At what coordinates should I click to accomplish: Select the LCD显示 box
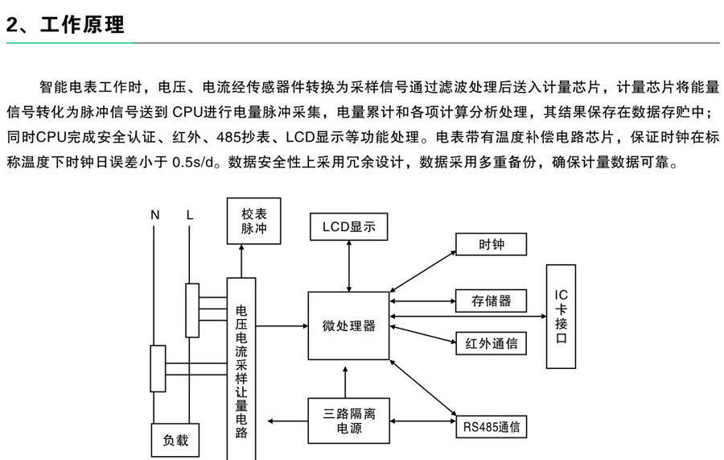(349, 226)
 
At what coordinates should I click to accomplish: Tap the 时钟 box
(492, 244)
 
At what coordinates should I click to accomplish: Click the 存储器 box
(492, 301)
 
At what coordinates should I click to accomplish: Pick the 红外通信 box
(492, 344)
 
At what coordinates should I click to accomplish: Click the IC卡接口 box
(561, 316)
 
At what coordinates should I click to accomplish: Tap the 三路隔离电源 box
(349, 421)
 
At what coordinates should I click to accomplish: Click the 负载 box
(175, 441)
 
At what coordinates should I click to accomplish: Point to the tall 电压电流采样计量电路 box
(241, 367)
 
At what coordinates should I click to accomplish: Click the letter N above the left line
(155, 215)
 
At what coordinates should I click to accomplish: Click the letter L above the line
(190, 215)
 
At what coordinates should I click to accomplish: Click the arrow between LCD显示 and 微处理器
(349, 266)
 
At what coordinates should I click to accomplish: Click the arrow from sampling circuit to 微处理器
(282, 326)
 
